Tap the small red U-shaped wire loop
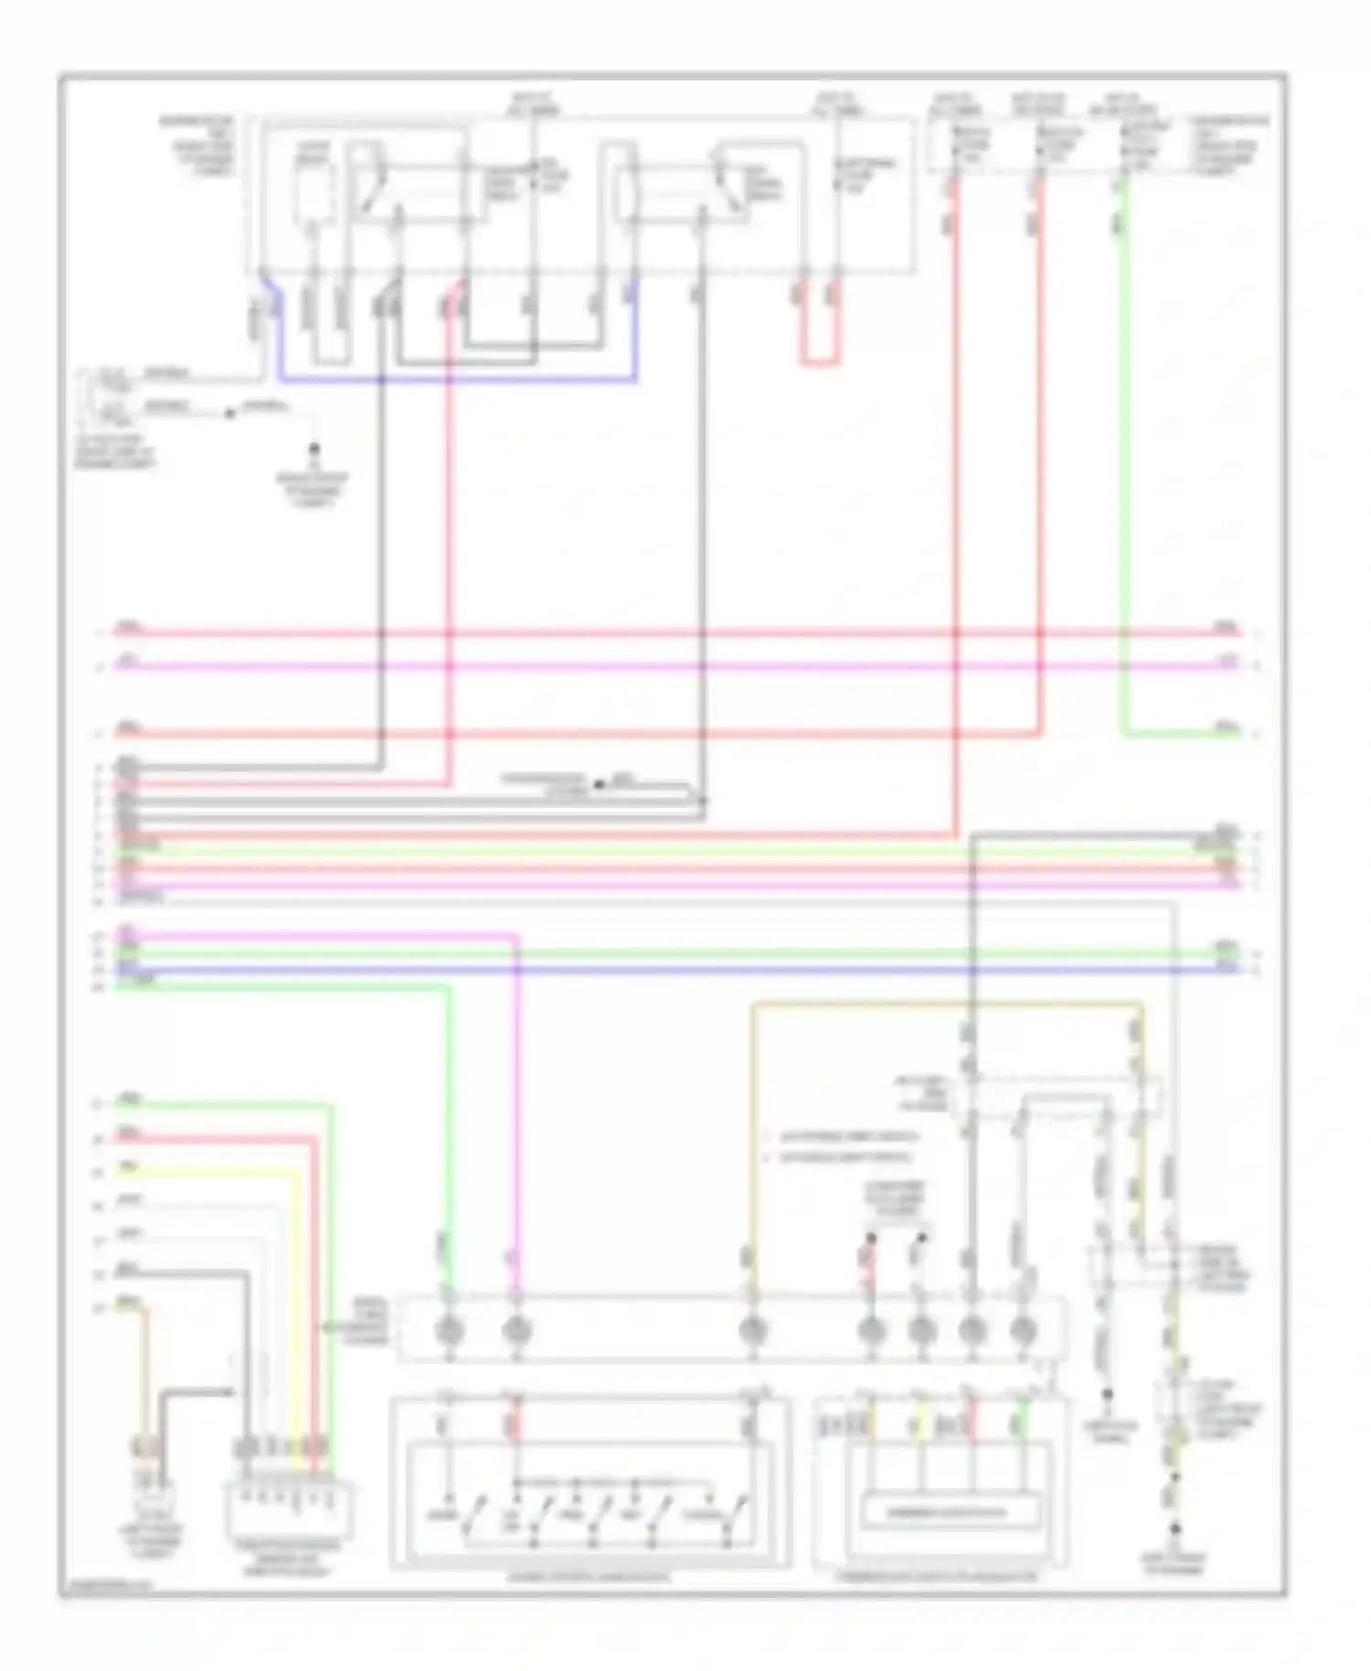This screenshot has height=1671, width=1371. [x=820, y=362]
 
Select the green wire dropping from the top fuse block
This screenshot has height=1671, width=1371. [x=1122, y=457]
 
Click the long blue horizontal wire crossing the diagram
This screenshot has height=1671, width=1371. [x=676, y=969]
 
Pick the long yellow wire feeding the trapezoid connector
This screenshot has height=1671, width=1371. [x=294, y=1298]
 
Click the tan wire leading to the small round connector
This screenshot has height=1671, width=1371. [x=143, y=1371]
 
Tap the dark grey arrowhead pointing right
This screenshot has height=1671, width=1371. [x=225, y=1392]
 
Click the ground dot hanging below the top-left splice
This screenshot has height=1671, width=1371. [x=314, y=450]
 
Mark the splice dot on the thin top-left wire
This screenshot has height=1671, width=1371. [x=229, y=413]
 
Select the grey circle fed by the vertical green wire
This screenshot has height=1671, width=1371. [x=449, y=1331]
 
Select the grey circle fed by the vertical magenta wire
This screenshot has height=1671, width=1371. [x=516, y=1331]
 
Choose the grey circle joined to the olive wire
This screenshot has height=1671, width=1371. [x=752, y=1331]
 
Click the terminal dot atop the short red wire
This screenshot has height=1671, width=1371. [x=871, y=1239]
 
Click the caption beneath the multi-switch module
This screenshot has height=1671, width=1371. [x=590, y=1577]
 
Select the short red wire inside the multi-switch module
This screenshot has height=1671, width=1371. [x=515, y=1424]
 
